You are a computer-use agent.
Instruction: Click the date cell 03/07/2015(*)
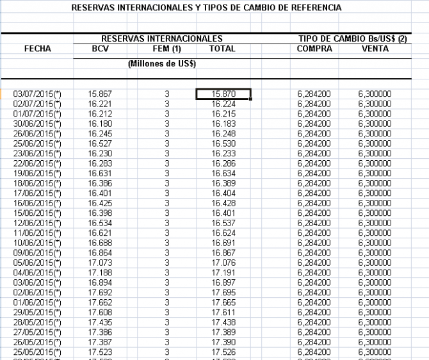click(x=37, y=94)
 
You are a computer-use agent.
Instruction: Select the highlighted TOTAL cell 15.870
click(x=223, y=94)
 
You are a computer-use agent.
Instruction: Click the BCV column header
click(x=101, y=48)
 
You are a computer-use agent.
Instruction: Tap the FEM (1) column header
click(x=166, y=48)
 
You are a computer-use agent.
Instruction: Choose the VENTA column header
click(x=375, y=48)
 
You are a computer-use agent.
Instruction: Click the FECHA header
click(x=37, y=48)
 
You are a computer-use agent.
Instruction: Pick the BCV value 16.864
click(x=101, y=252)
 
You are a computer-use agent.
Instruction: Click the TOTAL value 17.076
click(x=223, y=263)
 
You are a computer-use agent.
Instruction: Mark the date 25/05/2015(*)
click(x=37, y=352)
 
